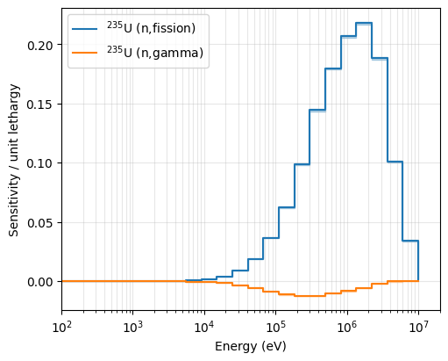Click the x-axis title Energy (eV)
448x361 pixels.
(251, 346)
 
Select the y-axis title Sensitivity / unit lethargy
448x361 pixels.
(14, 160)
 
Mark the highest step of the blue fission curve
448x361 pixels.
(364, 23)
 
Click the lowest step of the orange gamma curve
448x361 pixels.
(309, 296)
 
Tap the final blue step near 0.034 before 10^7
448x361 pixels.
(410, 241)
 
